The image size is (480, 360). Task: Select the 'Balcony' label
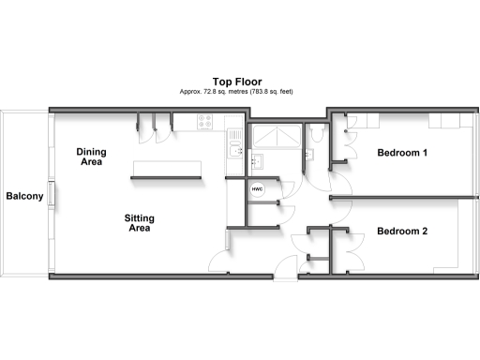[24, 196]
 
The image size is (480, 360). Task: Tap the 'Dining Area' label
[91, 157]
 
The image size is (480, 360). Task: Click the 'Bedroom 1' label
[402, 152]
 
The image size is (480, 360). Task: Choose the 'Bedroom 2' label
[402, 232]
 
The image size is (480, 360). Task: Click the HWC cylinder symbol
[258, 188]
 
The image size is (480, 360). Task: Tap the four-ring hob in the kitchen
[206, 121]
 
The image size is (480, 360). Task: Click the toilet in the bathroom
[317, 135]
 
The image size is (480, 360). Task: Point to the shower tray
[277, 139]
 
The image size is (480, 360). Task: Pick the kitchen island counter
[167, 167]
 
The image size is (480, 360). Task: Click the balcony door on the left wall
[53, 196]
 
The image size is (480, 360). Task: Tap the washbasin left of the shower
[259, 160]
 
